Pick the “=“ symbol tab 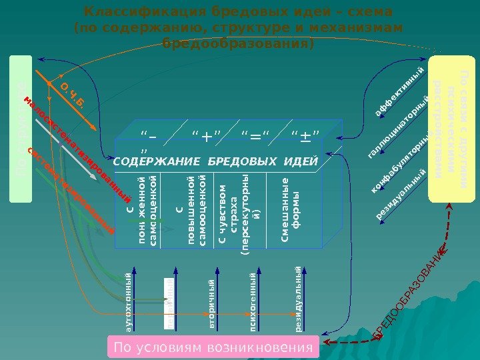tap(257, 137)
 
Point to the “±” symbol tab tap(306, 137)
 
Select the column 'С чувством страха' tap(237, 213)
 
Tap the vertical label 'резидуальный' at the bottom tap(298, 299)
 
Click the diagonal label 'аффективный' tap(399, 93)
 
